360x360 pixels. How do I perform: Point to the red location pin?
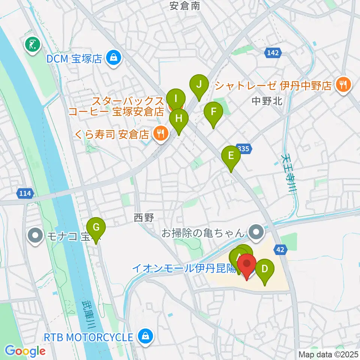[247, 267]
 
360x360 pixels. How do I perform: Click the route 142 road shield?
[273, 53]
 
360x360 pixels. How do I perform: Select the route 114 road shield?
[25, 193]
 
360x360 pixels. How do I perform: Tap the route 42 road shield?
[282, 249]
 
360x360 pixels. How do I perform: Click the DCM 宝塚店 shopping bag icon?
[112, 58]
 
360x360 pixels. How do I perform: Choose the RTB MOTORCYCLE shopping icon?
[144, 336]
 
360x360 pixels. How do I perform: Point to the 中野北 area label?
[267, 100]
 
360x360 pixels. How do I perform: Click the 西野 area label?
[144, 218]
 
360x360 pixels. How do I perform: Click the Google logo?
[25, 351]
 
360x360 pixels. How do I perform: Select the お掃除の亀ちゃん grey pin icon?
[256, 233]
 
